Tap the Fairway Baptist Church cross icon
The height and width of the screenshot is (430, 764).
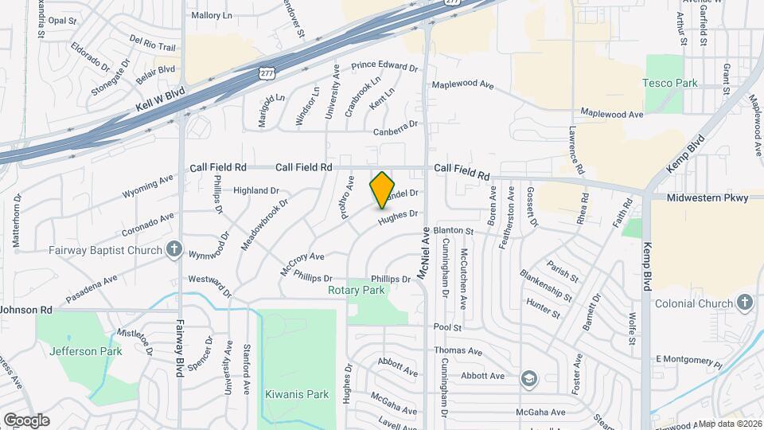click(174, 249)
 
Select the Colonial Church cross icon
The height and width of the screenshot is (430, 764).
click(744, 303)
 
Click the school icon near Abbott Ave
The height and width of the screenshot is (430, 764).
click(528, 378)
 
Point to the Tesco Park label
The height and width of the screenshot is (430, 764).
click(670, 83)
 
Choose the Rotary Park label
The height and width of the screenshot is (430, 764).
click(357, 290)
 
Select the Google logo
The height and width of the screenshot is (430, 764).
click(26, 420)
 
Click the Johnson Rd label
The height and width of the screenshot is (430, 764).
click(26, 309)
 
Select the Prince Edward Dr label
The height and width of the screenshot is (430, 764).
click(384, 68)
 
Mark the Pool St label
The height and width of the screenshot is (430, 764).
click(448, 327)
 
